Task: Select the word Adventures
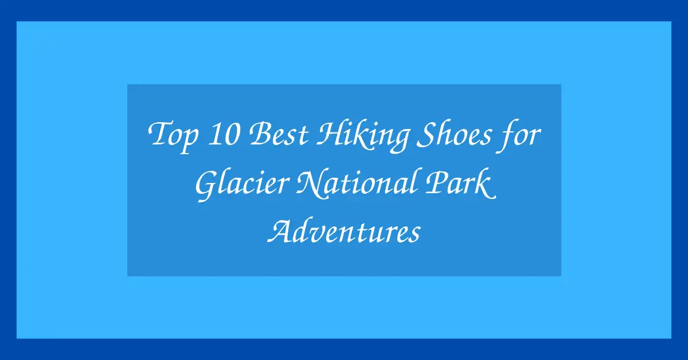tap(345, 232)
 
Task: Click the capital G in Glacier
tap(207, 185)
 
